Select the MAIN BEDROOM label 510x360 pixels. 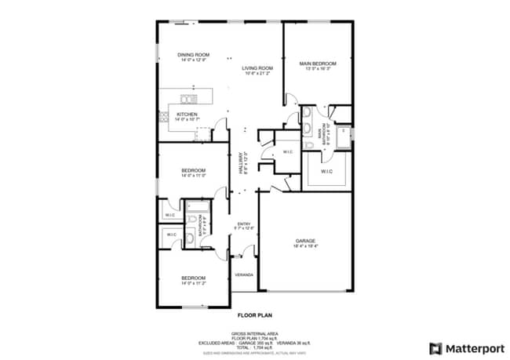tap(318, 64)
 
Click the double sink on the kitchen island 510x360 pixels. tap(189, 99)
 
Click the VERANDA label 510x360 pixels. tap(244, 275)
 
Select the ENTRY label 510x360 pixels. tap(243, 224)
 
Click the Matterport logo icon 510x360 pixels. tap(435, 347)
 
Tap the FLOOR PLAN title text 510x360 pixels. tap(255, 315)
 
